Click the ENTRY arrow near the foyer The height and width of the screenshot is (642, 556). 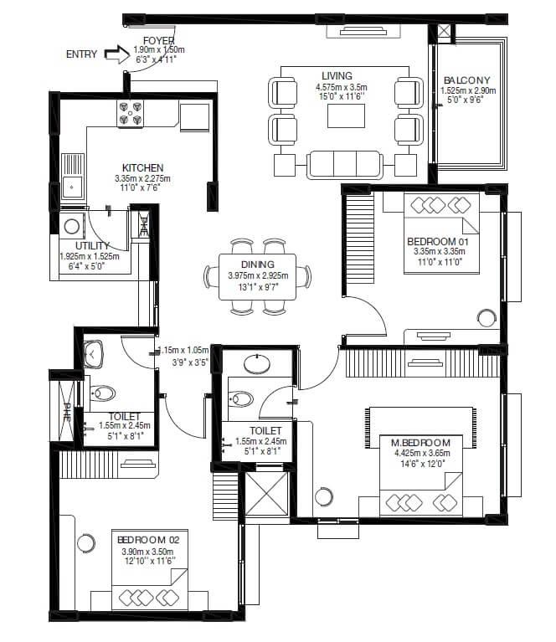(x=111, y=54)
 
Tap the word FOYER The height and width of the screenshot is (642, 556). (x=158, y=40)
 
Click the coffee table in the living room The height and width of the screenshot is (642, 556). (x=346, y=116)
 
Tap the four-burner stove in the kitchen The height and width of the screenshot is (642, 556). (x=131, y=113)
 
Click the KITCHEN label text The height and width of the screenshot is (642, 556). (x=142, y=168)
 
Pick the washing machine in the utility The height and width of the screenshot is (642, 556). (x=73, y=225)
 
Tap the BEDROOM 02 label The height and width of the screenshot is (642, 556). (x=145, y=541)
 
